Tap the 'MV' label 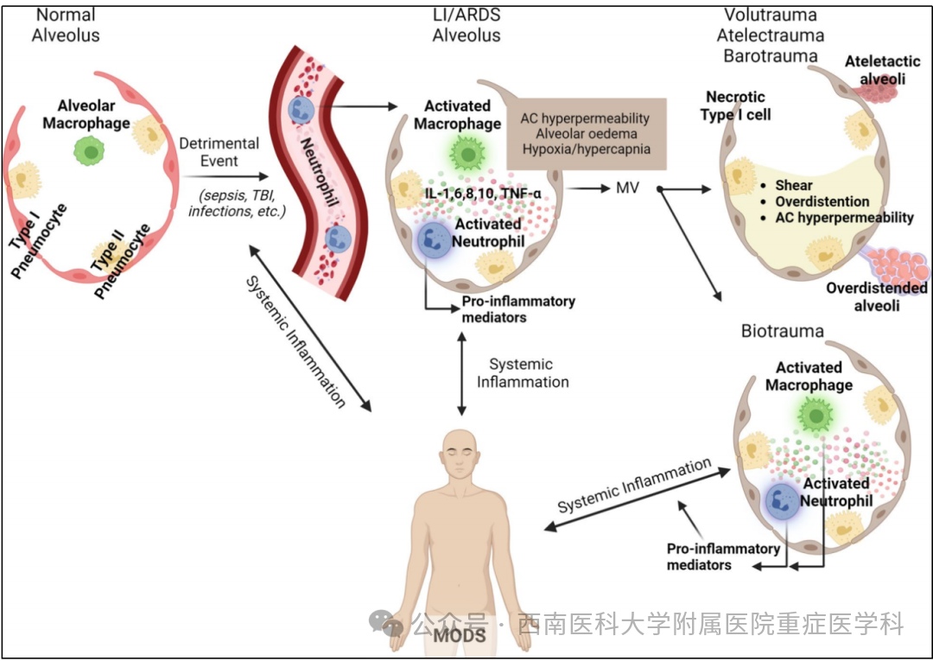[627, 187]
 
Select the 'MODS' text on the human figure [459, 636]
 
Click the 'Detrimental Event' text [219, 152]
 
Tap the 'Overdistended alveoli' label [876, 296]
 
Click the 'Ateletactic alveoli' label [875, 69]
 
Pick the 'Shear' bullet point [793, 186]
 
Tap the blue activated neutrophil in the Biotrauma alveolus [783, 501]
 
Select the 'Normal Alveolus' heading [66, 26]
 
